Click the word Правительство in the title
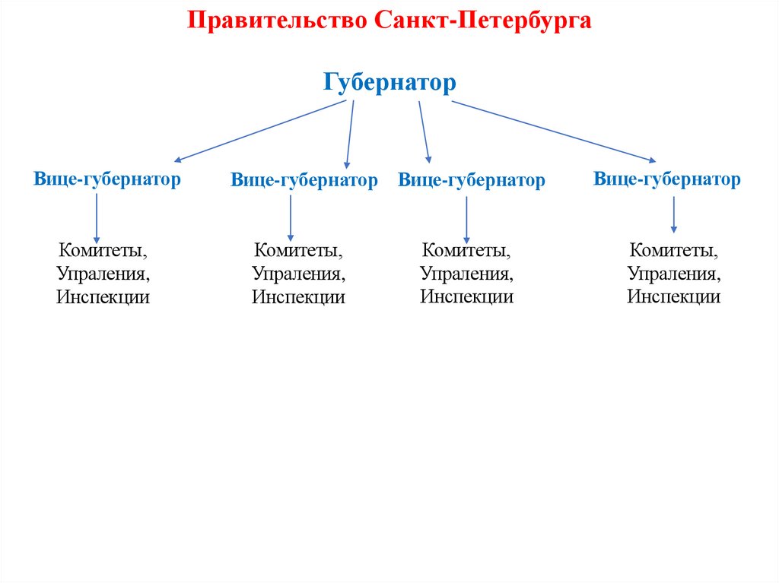click(278, 21)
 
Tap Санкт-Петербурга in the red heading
click(482, 21)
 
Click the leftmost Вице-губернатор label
click(107, 179)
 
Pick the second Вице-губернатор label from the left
click(304, 180)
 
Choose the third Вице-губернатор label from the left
click(472, 180)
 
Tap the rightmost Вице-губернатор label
click(666, 179)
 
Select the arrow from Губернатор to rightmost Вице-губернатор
click(553, 131)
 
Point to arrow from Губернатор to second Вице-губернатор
click(350, 134)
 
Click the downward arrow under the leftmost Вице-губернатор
click(97, 217)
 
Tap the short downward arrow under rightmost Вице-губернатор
click(673, 214)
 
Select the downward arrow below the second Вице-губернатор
click(291, 217)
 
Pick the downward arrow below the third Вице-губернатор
click(466, 220)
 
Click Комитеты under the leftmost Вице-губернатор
click(103, 249)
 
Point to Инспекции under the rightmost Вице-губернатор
click(673, 296)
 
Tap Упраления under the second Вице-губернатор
click(298, 273)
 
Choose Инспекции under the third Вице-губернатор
click(466, 296)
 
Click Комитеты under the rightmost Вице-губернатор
click(673, 249)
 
